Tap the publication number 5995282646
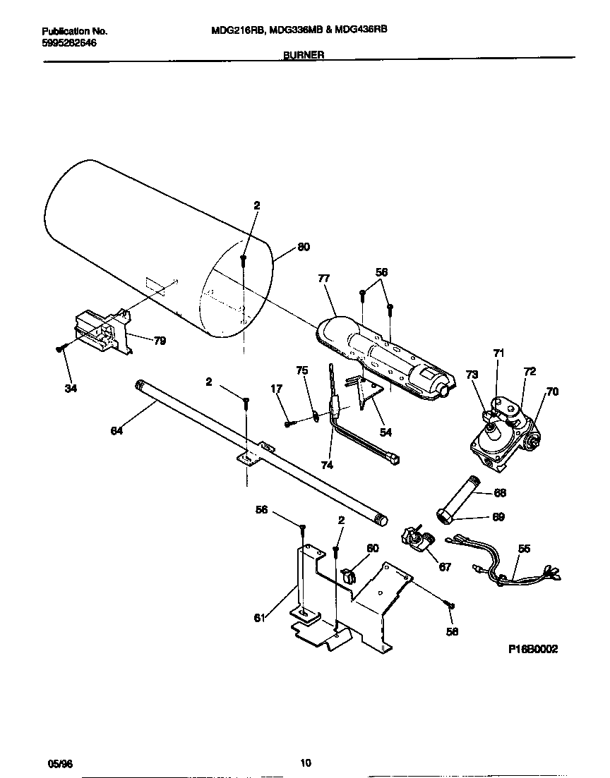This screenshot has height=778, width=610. pyautogui.click(x=69, y=42)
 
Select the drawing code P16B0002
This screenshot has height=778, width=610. pyautogui.click(x=533, y=650)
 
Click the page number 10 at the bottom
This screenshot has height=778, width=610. pyautogui.click(x=305, y=762)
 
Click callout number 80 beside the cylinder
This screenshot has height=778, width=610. pyautogui.click(x=303, y=247)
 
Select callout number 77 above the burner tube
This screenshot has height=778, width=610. pyautogui.click(x=324, y=279)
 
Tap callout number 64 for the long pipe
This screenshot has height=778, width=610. pyautogui.click(x=116, y=430)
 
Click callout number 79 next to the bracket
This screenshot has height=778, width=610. pyautogui.click(x=160, y=341)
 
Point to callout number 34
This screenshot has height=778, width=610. pyautogui.click(x=71, y=387)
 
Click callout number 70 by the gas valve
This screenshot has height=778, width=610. pyautogui.click(x=552, y=391)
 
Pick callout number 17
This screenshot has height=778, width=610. pyautogui.click(x=276, y=388)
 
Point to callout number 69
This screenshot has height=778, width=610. pyautogui.click(x=498, y=517)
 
